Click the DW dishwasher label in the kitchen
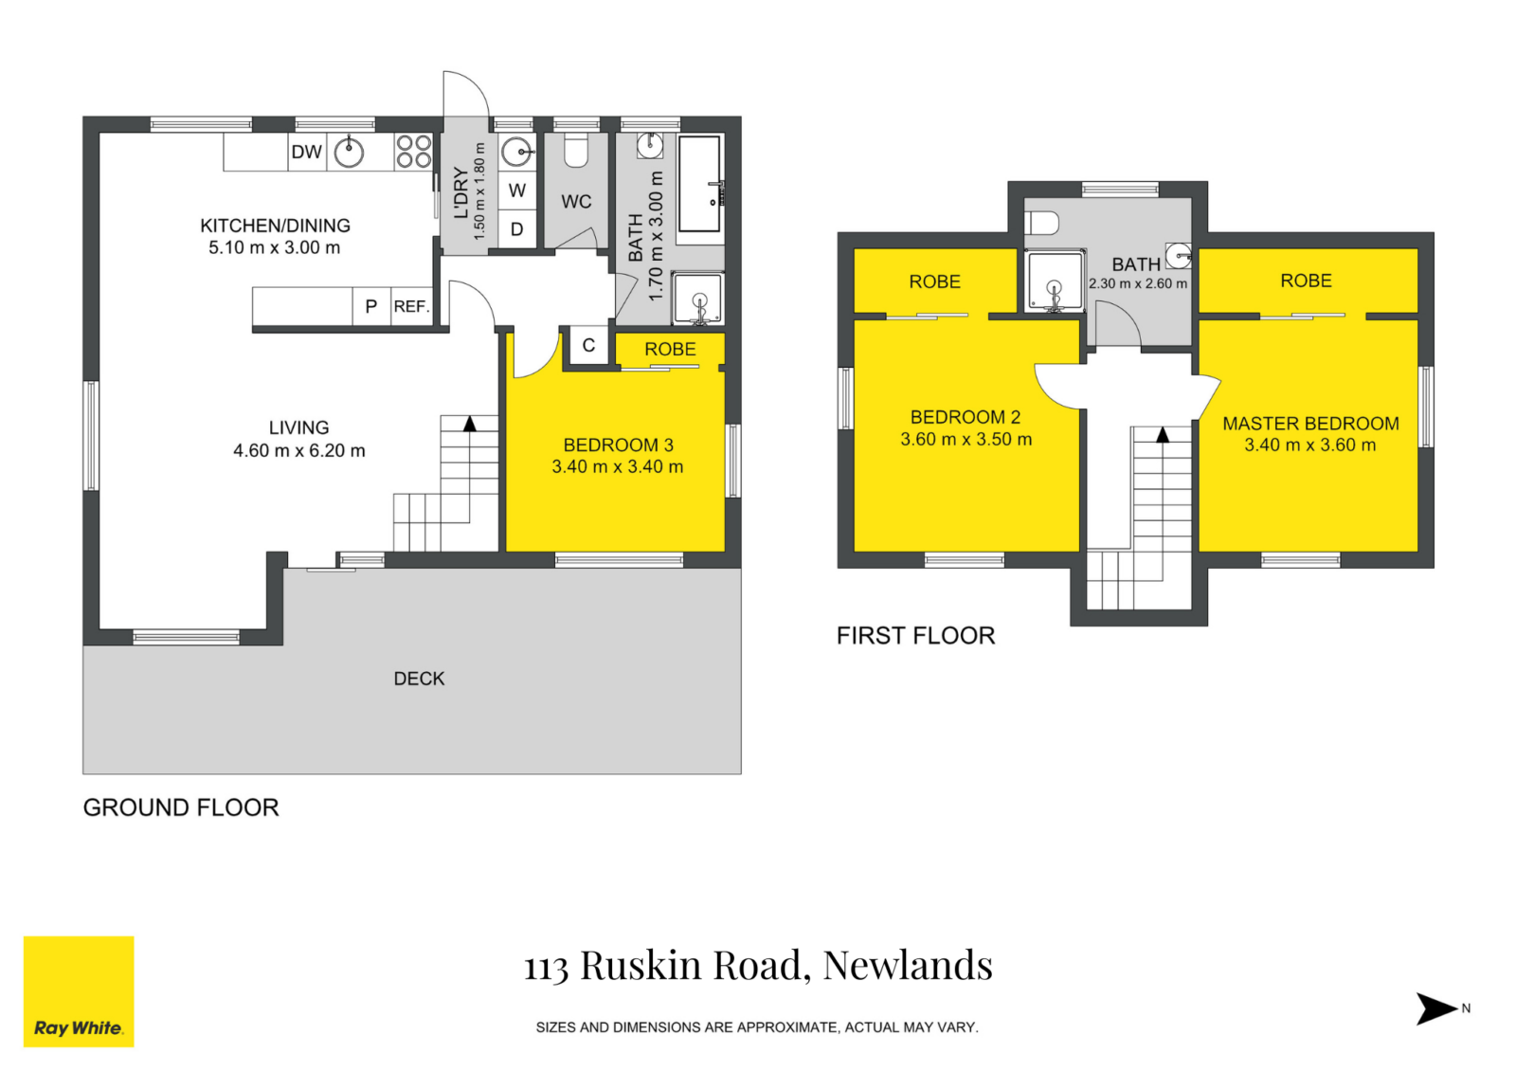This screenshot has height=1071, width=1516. [306, 152]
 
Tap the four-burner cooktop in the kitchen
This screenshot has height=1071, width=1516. [414, 152]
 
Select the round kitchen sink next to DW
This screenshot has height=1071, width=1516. [349, 152]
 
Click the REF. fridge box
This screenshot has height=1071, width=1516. [411, 306]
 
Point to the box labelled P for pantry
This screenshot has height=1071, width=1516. [370, 306]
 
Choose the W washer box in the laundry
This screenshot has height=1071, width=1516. [517, 191]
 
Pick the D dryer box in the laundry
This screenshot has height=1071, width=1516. [517, 229]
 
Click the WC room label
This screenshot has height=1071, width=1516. [576, 202]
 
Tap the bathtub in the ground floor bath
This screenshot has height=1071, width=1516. [701, 185]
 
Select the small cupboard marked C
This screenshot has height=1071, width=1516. [588, 346]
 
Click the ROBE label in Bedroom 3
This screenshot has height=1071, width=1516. [670, 349]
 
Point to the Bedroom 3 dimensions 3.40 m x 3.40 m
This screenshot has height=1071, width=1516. [617, 467]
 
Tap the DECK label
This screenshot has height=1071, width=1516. [419, 679]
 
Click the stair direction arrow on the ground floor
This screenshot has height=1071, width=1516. [470, 424]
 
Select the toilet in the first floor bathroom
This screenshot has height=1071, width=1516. [1042, 223]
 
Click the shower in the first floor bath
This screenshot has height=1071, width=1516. [1054, 282]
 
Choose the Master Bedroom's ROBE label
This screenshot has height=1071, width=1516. [1306, 281]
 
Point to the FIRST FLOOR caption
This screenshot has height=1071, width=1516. [915, 636]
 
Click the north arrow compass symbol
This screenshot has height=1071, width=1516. [1436, 1008]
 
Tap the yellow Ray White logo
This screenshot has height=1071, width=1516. [79, 991]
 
